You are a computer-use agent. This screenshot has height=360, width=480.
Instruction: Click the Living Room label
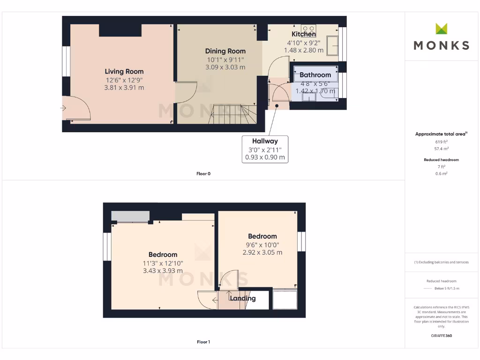pos(124,71)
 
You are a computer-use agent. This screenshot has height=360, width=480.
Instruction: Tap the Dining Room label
pos(225,51)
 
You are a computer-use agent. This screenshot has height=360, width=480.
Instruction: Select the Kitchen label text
pos(304,34)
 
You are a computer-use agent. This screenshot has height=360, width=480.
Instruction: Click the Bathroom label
pos(315,75)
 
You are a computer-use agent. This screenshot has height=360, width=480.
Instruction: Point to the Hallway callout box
pos(265,149)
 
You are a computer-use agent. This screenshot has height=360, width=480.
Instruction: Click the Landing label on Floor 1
pos(243,298)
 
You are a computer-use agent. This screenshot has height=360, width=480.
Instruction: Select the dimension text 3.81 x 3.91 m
pos(124,87)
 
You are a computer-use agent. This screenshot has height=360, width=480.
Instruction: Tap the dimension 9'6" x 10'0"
pos(262,244)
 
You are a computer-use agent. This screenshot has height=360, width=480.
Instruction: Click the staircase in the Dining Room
pos(232,114)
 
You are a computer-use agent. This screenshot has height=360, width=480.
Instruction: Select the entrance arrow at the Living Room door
pos(63,108)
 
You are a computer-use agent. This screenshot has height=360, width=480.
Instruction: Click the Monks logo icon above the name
pos(441,29)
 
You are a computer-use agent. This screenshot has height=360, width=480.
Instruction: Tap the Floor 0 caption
pos(203,173)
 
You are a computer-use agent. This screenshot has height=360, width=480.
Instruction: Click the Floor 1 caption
pos(203,342)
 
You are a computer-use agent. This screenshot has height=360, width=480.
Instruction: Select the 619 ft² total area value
pos(441,141)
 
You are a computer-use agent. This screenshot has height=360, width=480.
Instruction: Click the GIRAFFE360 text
pos(441,336)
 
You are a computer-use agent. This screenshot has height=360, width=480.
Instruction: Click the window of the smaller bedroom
pos(301,241)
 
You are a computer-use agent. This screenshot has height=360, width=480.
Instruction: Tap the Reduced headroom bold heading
pos(441,160)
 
